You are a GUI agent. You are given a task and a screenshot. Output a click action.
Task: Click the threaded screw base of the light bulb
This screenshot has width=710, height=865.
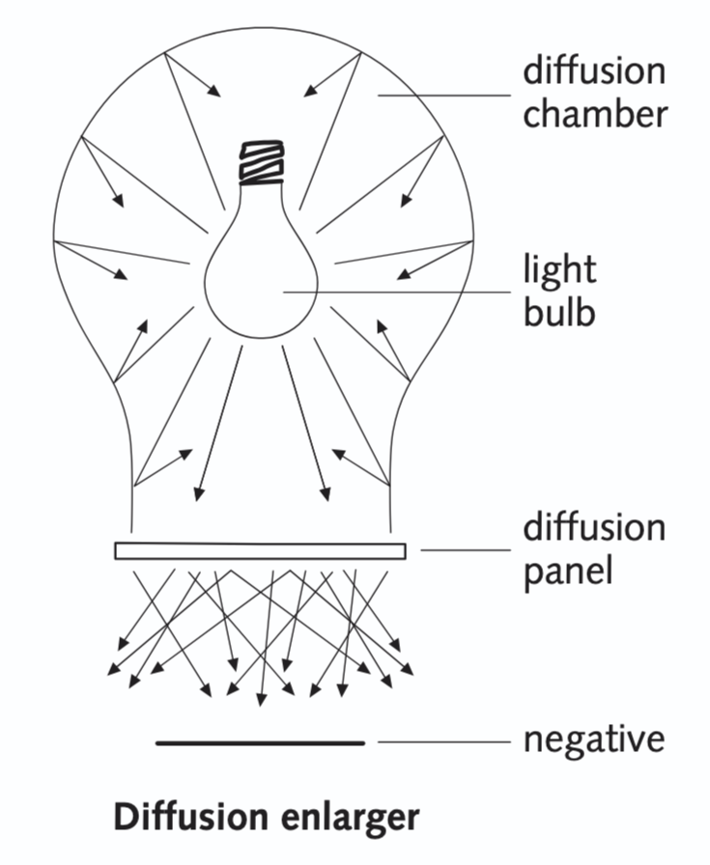click(x=261, y=164)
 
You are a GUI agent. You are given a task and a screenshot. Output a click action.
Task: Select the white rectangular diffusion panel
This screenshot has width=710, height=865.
click(x=260, y=551)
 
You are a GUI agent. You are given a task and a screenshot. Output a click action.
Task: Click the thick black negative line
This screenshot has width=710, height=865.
click(x=260, y=743)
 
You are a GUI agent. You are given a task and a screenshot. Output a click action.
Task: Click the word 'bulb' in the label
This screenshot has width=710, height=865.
click(x=559, y=313)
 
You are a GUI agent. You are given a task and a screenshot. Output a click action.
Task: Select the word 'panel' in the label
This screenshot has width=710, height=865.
click(x=568, y=570)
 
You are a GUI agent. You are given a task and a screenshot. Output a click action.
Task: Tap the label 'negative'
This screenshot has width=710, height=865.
click(x=594, y=740)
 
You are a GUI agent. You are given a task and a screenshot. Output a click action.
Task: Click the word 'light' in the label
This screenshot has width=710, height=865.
click(x=560, y=268)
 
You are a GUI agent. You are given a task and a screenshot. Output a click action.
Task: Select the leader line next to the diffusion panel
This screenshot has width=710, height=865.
click(x=464, y=551)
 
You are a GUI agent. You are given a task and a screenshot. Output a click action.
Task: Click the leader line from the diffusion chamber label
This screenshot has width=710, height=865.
click(x=444, y=95)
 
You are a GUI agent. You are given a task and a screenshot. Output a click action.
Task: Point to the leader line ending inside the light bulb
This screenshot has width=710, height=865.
click(x=396, y=290)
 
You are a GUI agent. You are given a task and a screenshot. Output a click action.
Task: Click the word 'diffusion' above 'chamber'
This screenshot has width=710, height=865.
click(x=595, y=70)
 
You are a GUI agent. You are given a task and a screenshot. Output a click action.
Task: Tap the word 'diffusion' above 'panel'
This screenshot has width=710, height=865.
click(x=595, y=527)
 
